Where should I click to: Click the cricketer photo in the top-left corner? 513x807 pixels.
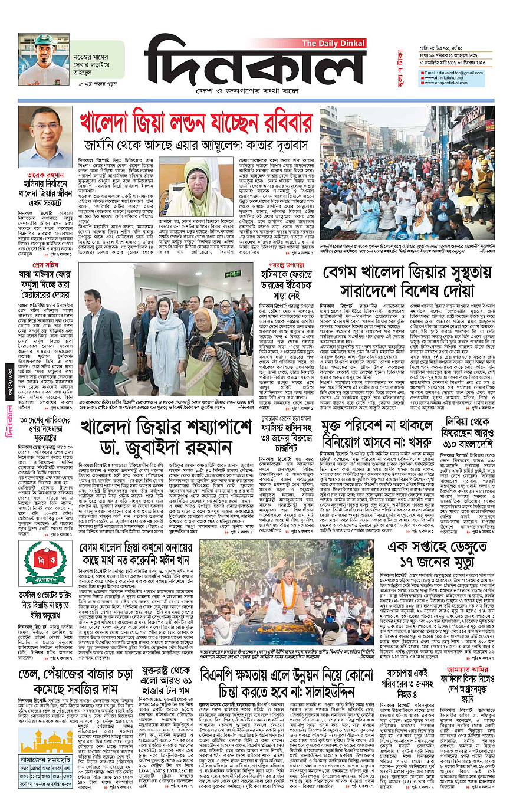click(44, 59)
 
